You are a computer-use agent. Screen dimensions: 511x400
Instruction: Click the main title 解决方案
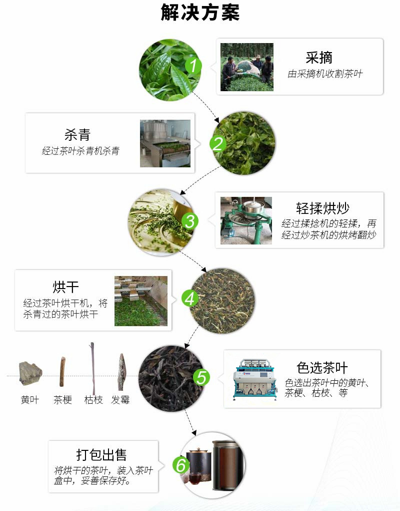[x=200, y=13]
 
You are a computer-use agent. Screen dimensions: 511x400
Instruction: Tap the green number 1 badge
[x=193, y=66]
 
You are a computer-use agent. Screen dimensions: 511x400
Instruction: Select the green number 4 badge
[x=189, y=299]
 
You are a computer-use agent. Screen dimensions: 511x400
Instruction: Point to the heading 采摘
[x=319, y=57]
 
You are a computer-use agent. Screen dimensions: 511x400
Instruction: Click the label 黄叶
[x=30, y=400]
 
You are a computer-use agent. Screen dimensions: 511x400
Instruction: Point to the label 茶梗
[x=62, y=400]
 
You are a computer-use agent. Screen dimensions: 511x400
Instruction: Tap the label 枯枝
[x=93, y=400]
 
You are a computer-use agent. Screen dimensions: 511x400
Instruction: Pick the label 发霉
[x=120, y=400]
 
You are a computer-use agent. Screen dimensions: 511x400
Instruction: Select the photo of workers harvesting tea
[x=247, y=67]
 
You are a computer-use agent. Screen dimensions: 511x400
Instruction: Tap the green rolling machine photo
[x=246, y=220]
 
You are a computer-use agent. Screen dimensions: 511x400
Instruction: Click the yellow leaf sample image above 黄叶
[x=30, y=373]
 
